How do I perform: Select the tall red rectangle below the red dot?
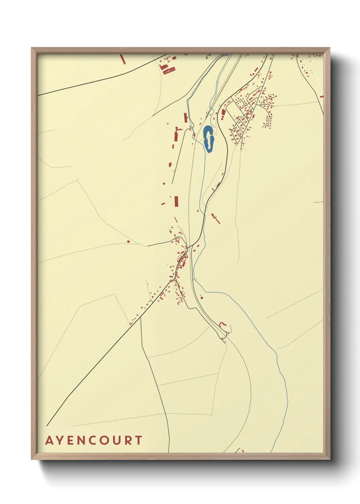click(176, 201)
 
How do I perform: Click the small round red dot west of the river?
click(164, 184)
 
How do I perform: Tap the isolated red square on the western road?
click(128, 241)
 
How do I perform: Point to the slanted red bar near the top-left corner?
click(123, 59)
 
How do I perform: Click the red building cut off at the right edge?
click(322, 96)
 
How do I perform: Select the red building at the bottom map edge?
click(243, 451)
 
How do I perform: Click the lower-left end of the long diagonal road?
click(47, 426)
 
